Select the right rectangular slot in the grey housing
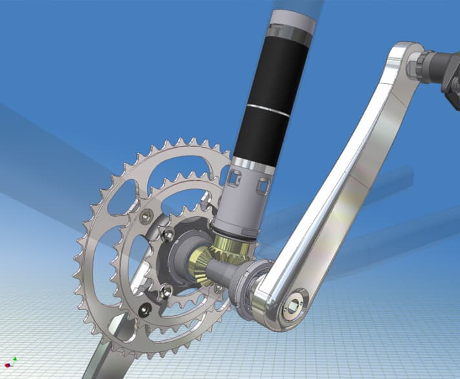(263, 187)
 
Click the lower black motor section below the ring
(255, 139)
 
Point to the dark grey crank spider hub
(181, 258)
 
